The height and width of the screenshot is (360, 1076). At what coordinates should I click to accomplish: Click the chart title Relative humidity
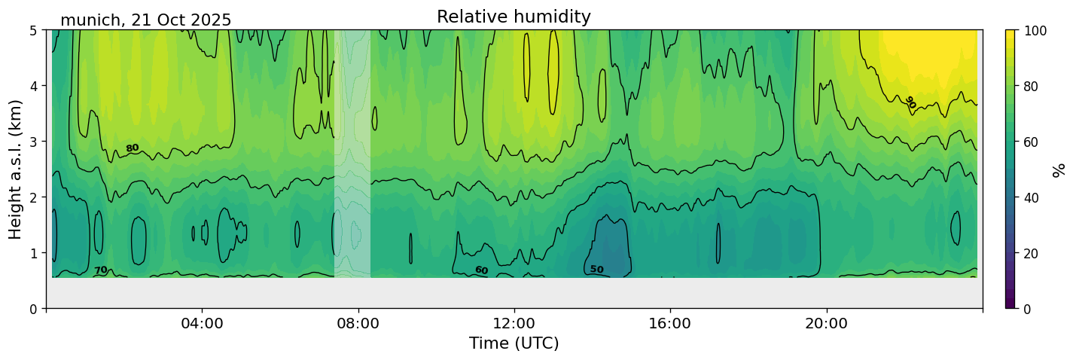pyautogui.click(x=514, y=17)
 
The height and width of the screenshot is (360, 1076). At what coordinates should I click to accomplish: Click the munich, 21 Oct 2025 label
pyautogui.click(x=145, y=20)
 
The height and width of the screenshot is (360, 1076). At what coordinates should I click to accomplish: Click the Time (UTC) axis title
pyautogui.click(x=514, y=343)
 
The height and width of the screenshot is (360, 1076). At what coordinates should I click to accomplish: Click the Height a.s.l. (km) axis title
pyautogui.click(x=16, y=169)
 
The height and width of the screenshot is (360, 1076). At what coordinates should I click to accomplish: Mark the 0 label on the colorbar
pyautogui.click(x=1029, y=309)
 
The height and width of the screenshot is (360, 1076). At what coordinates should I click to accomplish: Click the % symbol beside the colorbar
pyautogui.click(x=1059, y=169)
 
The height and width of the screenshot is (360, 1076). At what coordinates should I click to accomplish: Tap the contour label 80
pyautogui.click(x=133, y=148)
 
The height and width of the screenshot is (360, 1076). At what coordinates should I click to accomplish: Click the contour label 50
pyautogui.click(x=596, y=270)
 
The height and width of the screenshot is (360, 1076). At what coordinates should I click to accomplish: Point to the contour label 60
pyautogui.click(x=481, y=270)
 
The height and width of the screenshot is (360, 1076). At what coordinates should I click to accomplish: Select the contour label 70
pyautogui.click(x=100, y=270)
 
